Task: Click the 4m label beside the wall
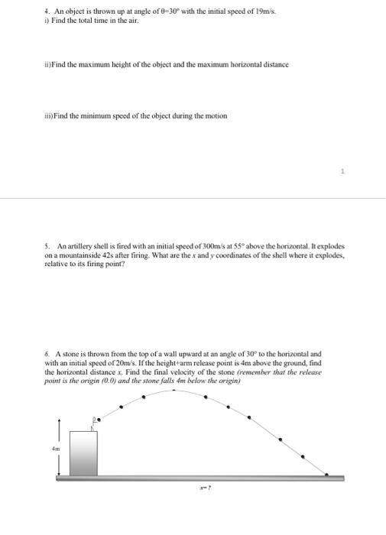pyautogui.click(x=55, y=449)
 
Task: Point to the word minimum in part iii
pyautogui.click(x=84, y=115)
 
